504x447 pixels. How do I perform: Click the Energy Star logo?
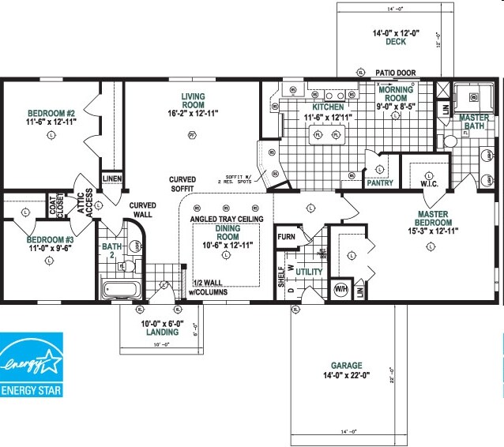(x=32, y=366)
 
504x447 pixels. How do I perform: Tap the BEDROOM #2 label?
(x=51, y=117)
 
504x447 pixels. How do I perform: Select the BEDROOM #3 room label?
(x=51, y=244)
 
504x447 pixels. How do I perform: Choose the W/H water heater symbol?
(x=342, y=288)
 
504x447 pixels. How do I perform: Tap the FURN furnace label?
(x=285, y=235)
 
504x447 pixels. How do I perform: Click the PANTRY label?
(x=380, y=183)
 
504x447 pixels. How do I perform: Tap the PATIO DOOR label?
(x=395, y=73)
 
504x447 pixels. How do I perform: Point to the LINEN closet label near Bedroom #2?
(x=111, y=179)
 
